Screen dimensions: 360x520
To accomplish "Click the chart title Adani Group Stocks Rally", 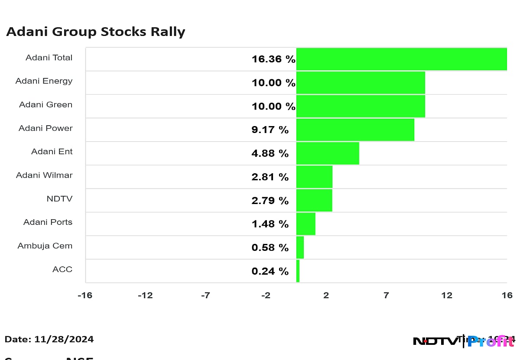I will pos(96,32).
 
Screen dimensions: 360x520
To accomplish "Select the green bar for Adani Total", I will pos(401,59).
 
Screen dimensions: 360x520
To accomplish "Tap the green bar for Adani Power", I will pos(355,130).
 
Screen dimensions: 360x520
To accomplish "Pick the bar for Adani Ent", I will pos(328,153).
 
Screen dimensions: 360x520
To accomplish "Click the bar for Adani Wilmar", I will pos(314,176).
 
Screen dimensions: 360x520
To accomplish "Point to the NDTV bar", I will pos(314,200).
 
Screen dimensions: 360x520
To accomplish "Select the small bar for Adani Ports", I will pos(305,224).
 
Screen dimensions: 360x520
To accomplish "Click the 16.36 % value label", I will pos(273,59).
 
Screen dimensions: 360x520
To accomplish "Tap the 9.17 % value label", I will pos(270,130).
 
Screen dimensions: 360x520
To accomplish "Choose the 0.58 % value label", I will pos(270,247).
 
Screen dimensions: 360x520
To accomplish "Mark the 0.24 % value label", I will pos(270,271).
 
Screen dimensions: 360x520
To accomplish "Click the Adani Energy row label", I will pos(44,81).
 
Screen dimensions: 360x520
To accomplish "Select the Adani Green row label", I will pos(45,104).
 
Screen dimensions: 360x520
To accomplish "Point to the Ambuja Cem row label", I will pos(45,246).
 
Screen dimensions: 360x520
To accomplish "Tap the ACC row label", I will pos(62,269).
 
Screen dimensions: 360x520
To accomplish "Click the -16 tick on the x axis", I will pos(85,295).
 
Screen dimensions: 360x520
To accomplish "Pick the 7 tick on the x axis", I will pos(386,295).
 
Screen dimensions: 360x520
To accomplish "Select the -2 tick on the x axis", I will pos(266,295).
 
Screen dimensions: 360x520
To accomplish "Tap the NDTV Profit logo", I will pos(464,341).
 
